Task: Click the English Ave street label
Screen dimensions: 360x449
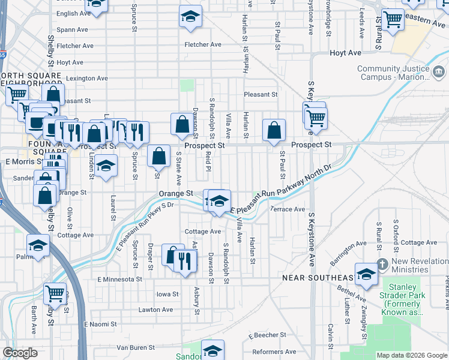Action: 75,13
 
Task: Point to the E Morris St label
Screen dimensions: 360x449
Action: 21,161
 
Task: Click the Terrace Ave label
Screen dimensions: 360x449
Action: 288,209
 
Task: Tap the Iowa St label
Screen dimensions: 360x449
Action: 167,294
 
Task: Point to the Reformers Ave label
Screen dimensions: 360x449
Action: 274,352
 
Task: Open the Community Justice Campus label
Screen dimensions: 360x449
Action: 394,72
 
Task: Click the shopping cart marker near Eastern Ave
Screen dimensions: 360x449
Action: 393,19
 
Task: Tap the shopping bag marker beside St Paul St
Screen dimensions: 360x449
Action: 274,130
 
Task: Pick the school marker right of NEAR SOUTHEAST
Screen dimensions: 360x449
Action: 366,274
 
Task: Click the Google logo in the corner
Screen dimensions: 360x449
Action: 20,353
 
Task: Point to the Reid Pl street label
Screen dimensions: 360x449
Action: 208,161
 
